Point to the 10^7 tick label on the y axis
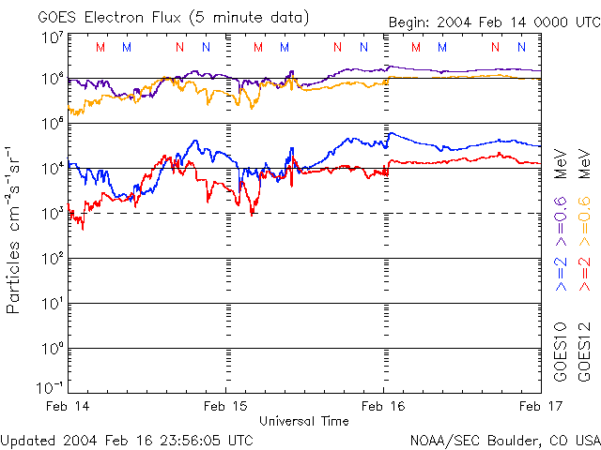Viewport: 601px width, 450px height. pos(52,37)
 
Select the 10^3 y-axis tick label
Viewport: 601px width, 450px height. pos(52,214)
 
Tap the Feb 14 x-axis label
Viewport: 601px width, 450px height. pos(70,406)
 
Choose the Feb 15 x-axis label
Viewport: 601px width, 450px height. pos(226,406)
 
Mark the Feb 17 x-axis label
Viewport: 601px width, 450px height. pos(540,406)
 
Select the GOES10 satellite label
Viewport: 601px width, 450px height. pos(561,352)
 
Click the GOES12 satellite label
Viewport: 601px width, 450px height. pos(583,352)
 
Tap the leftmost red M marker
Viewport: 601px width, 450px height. pos(100,47)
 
